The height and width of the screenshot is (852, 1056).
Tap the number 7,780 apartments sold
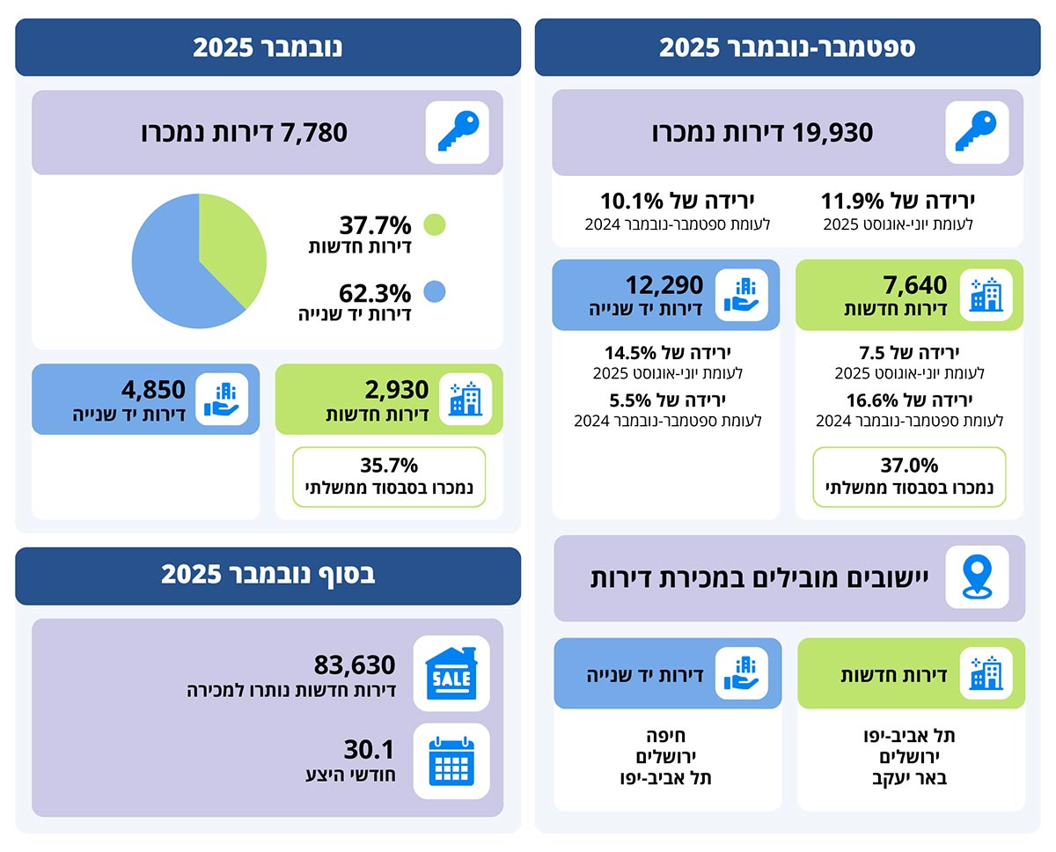pos(313,133)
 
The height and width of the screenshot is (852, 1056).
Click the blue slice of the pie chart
pos(172,273)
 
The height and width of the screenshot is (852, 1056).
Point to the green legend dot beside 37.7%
pos(434,224)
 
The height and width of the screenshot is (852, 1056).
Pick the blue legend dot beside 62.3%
pos(434,291)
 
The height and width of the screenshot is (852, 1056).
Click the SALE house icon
pos(451,673)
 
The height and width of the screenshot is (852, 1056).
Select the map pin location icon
pos(976,577)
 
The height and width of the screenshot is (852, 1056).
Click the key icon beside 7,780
pos(457,132)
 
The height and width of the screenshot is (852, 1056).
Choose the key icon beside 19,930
pos(976,132)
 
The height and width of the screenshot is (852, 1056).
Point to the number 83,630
pos(355,665)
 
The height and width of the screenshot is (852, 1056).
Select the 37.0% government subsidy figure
pos(909,466)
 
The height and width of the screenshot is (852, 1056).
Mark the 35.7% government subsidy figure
pos(389,466)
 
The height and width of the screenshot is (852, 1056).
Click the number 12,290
pos(664,285)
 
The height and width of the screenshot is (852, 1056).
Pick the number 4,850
pos(153,389)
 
